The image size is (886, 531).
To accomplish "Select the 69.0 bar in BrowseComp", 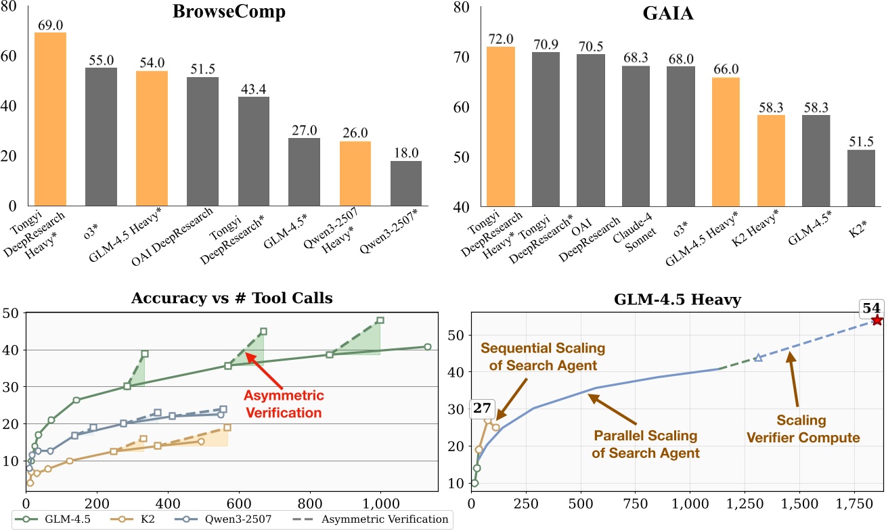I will click(x=50, y=119).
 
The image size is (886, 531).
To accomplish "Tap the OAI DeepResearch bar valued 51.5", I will click(x=202, y=141).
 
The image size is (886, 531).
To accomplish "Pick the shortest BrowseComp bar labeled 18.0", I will click(x=405, y=183).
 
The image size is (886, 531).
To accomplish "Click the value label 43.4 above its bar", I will click(x=253, y=89).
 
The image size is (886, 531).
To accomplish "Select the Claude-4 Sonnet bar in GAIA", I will click(x=636, y=135).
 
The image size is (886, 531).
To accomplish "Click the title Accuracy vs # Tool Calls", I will click(x=232, y=298).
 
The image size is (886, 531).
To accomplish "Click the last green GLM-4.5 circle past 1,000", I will click(x=427, y=347).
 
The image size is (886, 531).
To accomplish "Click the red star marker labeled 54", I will click(x=877, y=320).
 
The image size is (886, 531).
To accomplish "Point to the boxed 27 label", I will click(x=481, y=409).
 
